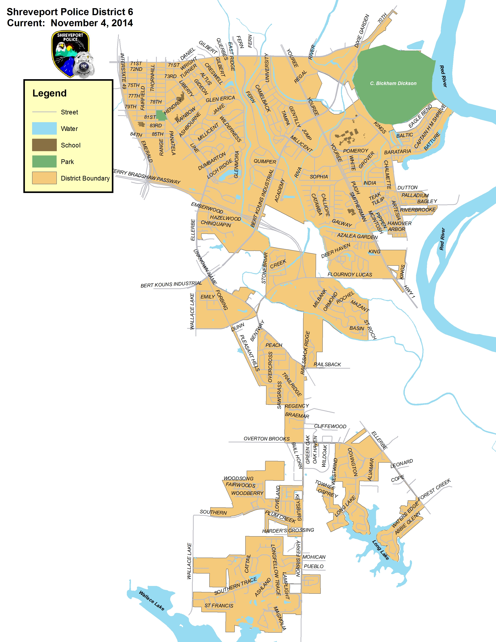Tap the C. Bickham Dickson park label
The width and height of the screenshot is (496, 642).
[393, 83]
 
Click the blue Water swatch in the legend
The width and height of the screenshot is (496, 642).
[44, 128]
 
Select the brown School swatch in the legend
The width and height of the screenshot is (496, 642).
[44, 145]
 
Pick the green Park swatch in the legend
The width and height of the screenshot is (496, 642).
[44, 161]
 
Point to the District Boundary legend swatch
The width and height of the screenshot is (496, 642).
[44, 178]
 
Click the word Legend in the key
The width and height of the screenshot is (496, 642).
[49, 93]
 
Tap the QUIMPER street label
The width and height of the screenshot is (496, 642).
[265, 162]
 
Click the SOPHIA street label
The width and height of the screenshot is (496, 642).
[319, 177]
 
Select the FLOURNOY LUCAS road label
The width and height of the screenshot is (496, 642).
[350, 275]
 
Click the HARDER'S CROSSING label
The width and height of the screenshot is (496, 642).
[288, 531]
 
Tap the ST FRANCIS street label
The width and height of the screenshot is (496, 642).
[219, 606]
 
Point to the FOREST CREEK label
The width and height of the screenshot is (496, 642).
[434, 489]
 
